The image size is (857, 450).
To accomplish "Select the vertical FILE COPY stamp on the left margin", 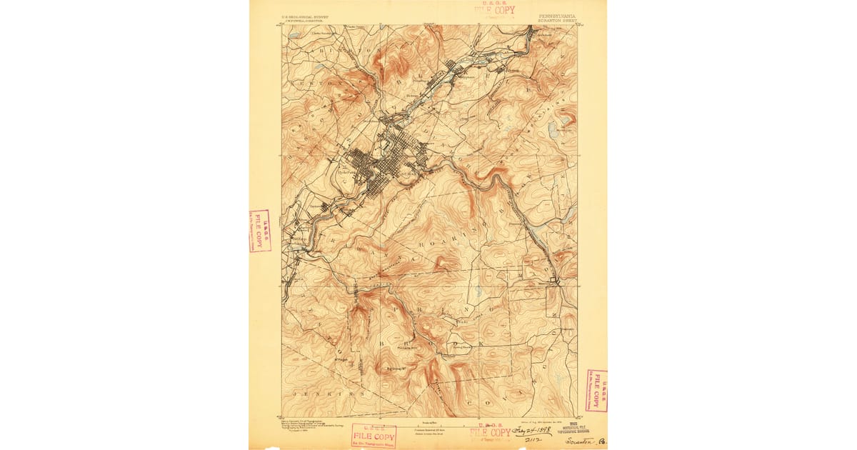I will [260, 231].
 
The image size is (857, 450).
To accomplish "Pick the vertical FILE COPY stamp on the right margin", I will [596, 391].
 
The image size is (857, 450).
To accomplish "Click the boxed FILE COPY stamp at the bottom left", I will [374, 436].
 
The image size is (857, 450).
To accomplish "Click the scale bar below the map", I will [429, 422].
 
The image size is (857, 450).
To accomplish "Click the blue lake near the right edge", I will [553, 129].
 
